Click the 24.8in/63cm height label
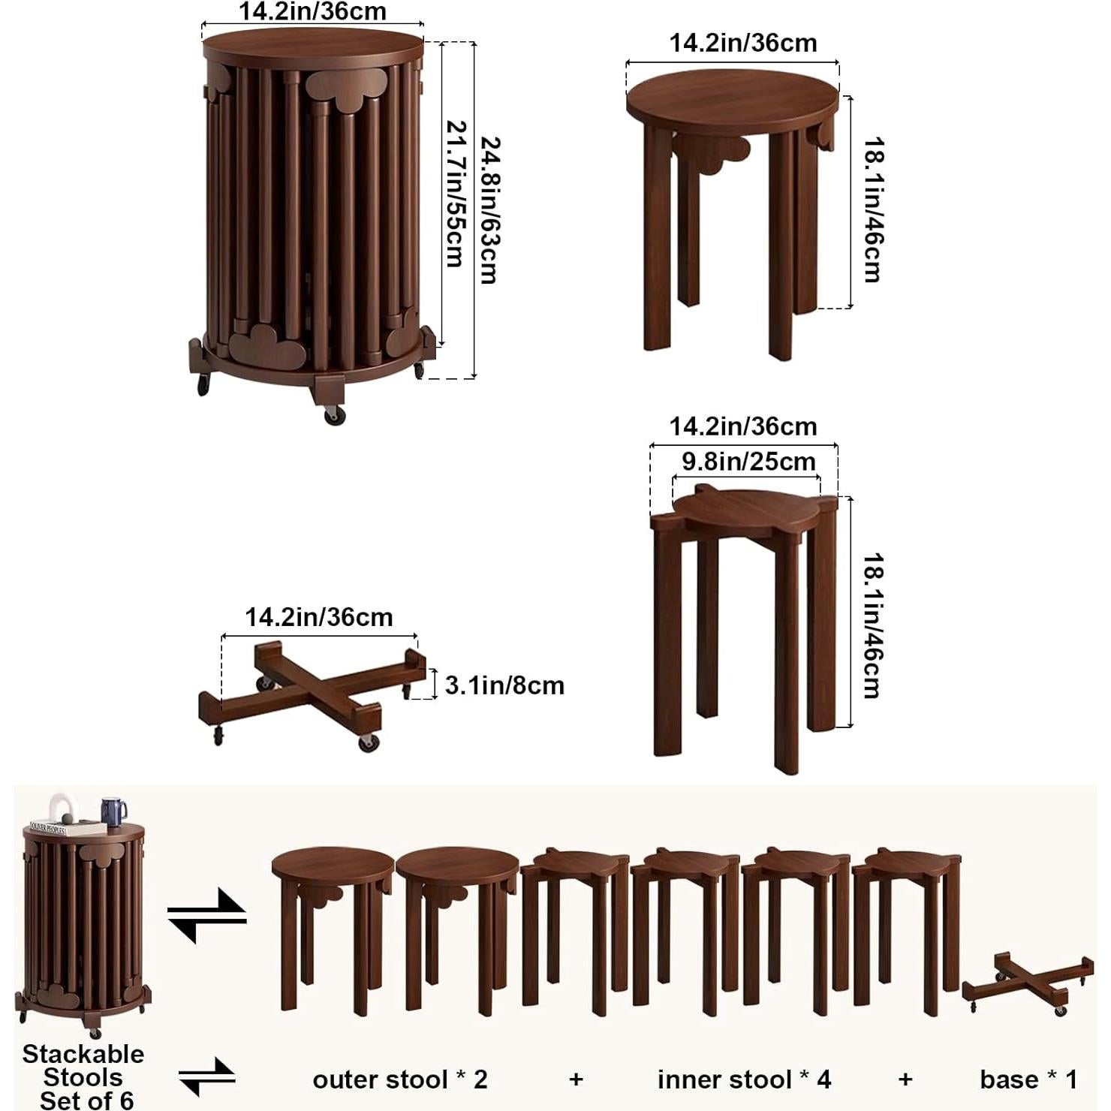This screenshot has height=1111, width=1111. tap(489, 210)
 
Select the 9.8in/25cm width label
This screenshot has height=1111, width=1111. tap(748, 461)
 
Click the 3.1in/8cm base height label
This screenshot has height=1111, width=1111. tap(504, 685)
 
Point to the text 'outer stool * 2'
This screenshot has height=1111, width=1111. tap(399, 1079)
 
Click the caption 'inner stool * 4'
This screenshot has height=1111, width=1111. tap(744, 1079)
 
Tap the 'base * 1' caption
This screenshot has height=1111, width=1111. tap(1028, 1079)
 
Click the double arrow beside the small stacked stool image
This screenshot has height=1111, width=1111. tap(206, 916)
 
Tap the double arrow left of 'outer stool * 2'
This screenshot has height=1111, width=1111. tap(206, 1077)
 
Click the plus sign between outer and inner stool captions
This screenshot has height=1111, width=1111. tap(576, 1079)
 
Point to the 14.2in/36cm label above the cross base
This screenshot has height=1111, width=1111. tap(318, 617)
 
